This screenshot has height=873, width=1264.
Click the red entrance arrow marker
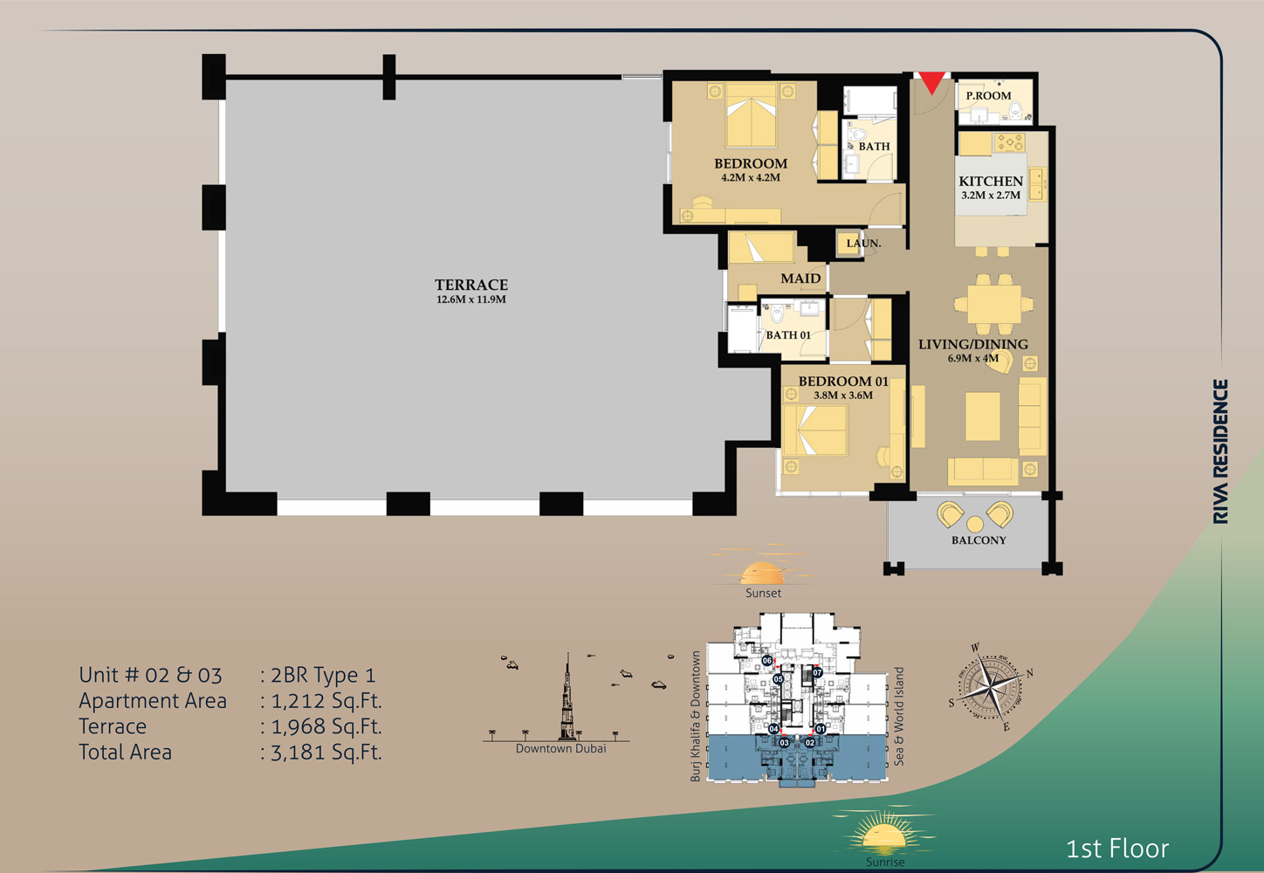pyautogui.click(x=932, y=81)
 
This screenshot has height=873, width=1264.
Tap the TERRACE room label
pyautogui.click(x=471, y=285)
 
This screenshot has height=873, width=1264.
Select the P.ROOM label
pyautogui.click(x=988, y=95)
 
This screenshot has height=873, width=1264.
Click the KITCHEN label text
pyautogui.click(x=991, y=181)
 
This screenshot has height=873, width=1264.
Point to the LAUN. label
pyautogui.click(x=863, y=243)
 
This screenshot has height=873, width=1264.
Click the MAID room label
pyautogui.click(x=800, y=278)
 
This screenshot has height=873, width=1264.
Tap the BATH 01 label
pyautogui.click(x=788, y=334)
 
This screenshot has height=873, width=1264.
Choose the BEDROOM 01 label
pyautogui.click(x=843, y=381)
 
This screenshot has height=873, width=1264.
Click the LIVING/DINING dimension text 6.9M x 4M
pyautogui.click(x=973, y=358)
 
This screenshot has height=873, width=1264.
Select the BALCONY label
pyautogui.click(x=979, y=540)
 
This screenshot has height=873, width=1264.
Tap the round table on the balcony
pyautogui.click(x=975, y=524)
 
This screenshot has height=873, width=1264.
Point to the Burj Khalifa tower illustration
pyautogui.click(x=568, y=698)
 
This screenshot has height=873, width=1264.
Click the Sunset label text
pyautogui.click(x=763, y=593)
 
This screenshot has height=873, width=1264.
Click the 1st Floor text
pyautogui.click(x=1117, y=848)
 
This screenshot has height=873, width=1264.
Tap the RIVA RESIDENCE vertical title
pyautogui.click(x=1220, y=451)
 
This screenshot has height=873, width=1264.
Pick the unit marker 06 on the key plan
pyautogui.click(x=766, y=661)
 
